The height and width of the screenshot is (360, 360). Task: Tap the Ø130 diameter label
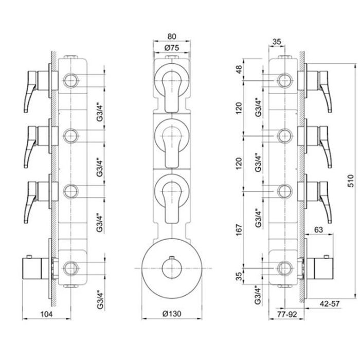pyautogui.click(x=172, y=313)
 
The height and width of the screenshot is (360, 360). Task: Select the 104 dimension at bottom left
pyautogui.click(x=46, y=314)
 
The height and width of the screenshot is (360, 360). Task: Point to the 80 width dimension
pyautogui.click(x=172, y=37)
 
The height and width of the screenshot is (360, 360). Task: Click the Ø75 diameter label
pyautogui.click(x=172, y=48)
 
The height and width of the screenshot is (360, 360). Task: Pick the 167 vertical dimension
pyautogui.click(x=239, y=229)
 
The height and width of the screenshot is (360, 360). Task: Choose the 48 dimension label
pyautogui.click(x=239, y=69)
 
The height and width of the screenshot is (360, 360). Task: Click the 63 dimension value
pyautogui.click(x=318, y=229)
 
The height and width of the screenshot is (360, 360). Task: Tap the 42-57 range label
pyautogui.click(x=330, y=303)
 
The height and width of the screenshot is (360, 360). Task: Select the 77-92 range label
pyautogui.click(x=287, y=314)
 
